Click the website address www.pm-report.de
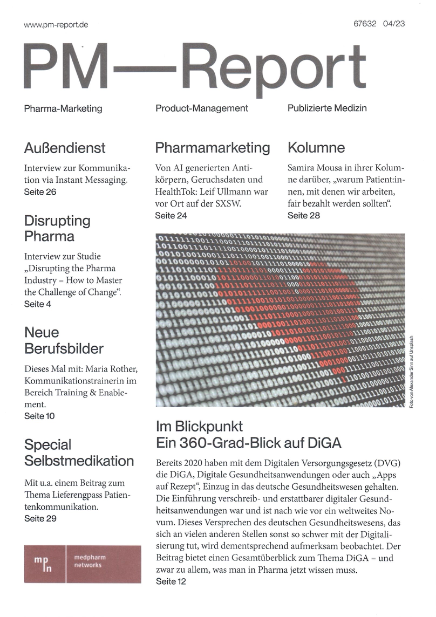click(56, 25)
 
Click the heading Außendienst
click(65, 148)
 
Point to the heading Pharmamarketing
click(213, 148)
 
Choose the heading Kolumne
click(316, 148)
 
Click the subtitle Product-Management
click(202, 108)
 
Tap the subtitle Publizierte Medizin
click(327, 108)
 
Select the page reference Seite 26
click(40, 191)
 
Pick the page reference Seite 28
click(303, 216)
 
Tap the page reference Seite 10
click(39, 416)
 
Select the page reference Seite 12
click(171, 582)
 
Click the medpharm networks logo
click(83, 564)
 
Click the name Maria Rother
click(111, 369)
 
